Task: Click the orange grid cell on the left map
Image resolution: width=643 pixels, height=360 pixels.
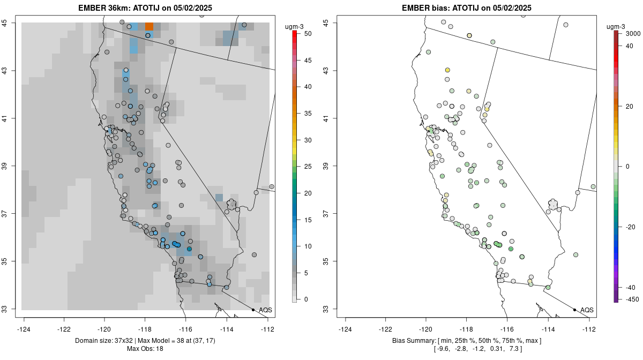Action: pyautogui.click(x=149, y=26)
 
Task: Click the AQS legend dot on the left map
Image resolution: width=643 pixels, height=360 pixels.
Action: pyautogui.click(x=253, y=310)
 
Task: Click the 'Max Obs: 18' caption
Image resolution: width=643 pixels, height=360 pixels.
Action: pyautogui.click(x=145, y=349)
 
